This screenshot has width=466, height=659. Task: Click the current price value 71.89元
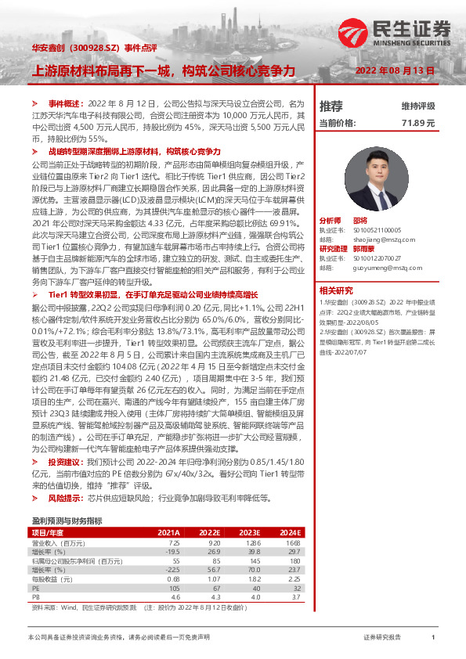417,123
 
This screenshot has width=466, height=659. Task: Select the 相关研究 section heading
334,290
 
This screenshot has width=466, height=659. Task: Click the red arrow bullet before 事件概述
34,103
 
